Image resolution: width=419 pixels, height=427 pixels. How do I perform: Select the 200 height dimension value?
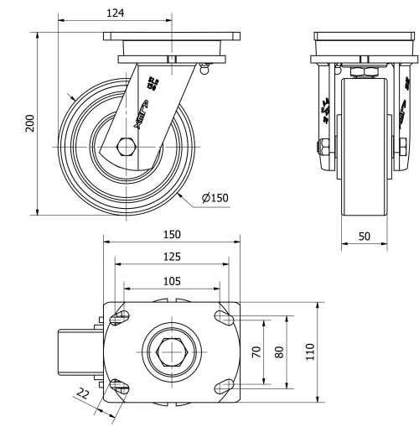point(30,123)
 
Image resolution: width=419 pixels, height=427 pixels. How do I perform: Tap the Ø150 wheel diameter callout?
point(215,198)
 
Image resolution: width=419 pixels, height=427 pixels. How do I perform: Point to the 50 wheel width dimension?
point(365,237)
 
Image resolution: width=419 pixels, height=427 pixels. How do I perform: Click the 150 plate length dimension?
point(172,234)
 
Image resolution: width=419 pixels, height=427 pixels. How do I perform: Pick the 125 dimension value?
point(172,256)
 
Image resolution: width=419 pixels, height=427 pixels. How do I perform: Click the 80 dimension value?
point(280,351)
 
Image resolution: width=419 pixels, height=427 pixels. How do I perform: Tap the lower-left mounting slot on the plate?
point(121,387)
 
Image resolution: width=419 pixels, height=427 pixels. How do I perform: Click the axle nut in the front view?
point(323,148)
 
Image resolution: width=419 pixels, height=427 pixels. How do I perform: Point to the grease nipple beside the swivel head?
point(204,68)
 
